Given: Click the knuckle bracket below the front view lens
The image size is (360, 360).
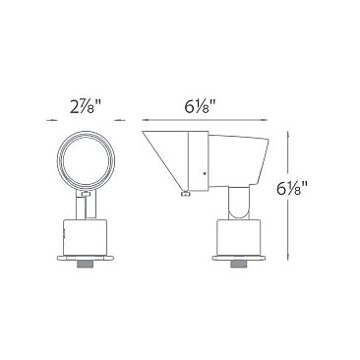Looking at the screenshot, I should click(x=84, y=203).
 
